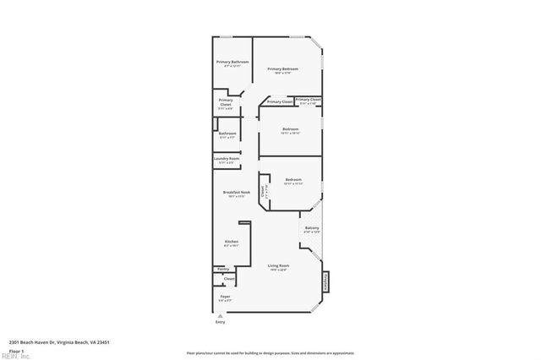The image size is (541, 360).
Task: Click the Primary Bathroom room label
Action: pos(232,62)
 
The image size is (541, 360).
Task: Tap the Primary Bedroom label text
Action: pos(281,68)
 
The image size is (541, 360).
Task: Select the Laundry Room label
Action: pos(227,158)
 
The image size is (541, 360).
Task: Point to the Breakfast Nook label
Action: pos(237,192)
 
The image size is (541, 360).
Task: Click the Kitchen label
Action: pos(231,242)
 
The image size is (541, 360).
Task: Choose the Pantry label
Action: pos(223,269)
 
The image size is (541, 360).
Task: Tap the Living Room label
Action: pos(278,266)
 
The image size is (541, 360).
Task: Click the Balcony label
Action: pos(312,228)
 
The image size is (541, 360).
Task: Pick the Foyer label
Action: pos(225,297)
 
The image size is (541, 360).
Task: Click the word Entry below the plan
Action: pos(221,322)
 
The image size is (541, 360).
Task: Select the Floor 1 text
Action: pos(17,350)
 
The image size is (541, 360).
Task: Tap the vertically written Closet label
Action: pos(263,191)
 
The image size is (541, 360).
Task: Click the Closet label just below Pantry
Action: pos(229,278)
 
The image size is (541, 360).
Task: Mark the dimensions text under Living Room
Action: pos(278,270)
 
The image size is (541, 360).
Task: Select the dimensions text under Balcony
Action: pos(312,232)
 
